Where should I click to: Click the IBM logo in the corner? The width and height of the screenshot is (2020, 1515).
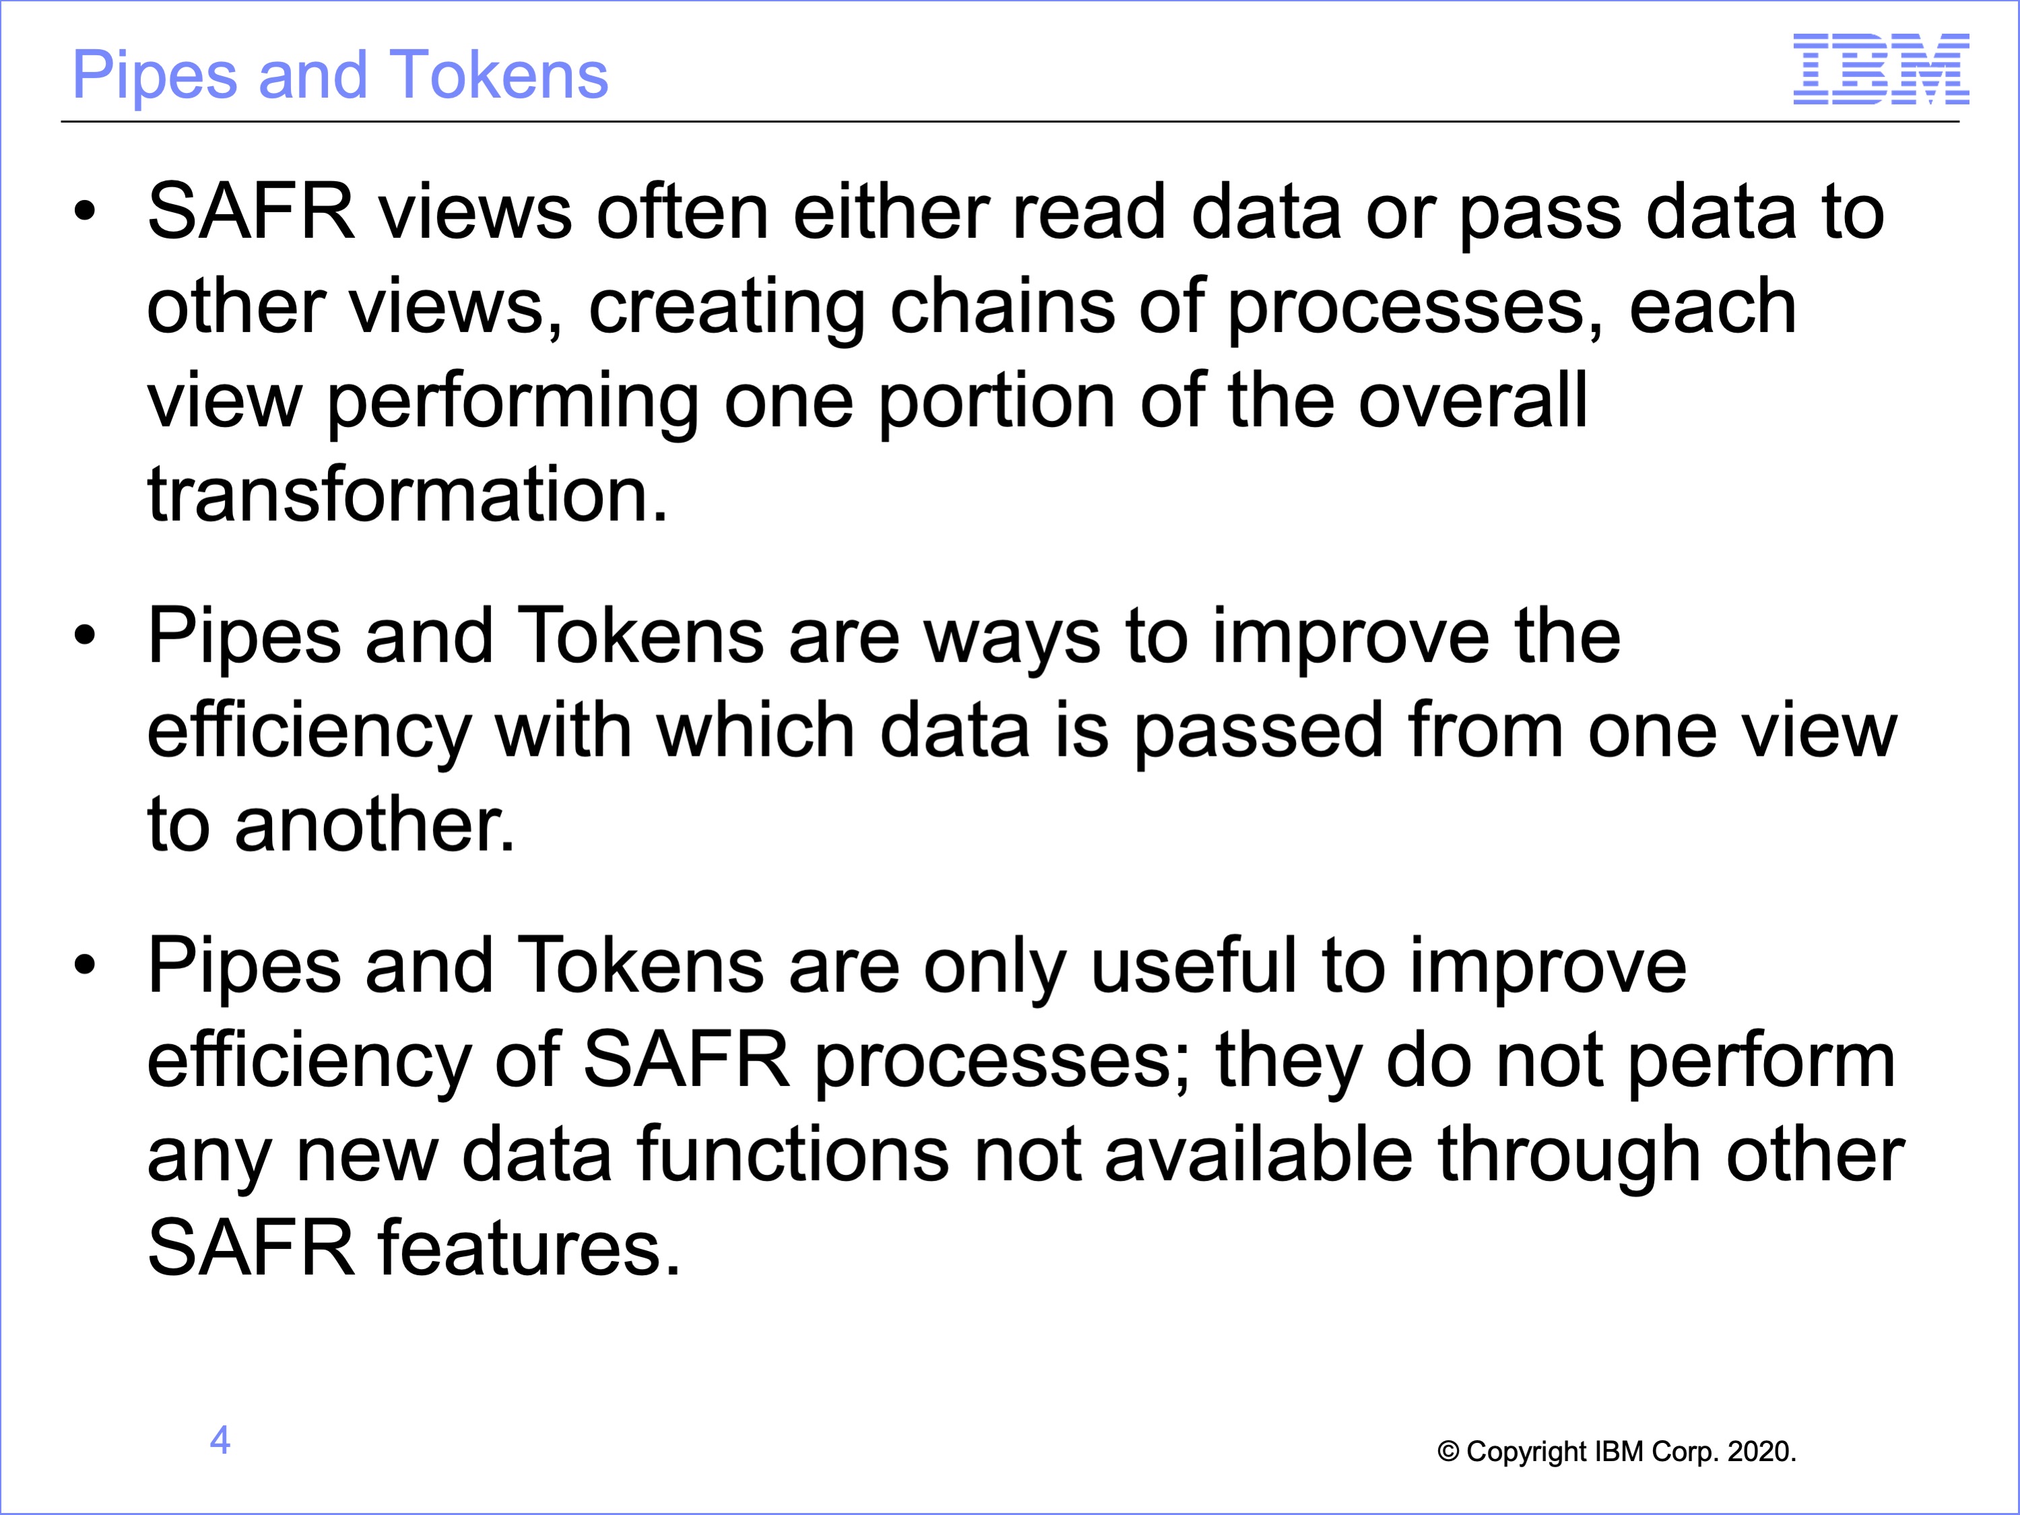click(1881, 69)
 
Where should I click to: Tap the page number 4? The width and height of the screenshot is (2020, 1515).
click(220, 1440)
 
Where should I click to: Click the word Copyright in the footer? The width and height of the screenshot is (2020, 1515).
click(1528, 1452)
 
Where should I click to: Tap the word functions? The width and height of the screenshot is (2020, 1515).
click(793, 1155)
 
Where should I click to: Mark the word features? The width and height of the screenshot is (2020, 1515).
click(529, 1248)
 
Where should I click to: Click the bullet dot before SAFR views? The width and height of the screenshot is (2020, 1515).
click(85, 213)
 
